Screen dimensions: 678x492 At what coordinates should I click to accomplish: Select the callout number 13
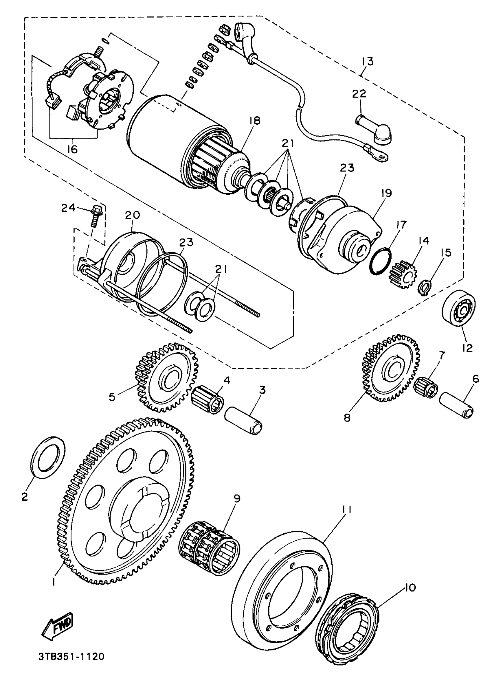pos(367,62)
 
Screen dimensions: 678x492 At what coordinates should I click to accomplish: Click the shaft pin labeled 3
pos(243,420)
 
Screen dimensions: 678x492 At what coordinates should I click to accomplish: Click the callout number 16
pos(72,149)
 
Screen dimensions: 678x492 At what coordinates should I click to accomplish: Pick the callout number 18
pos(255,121)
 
